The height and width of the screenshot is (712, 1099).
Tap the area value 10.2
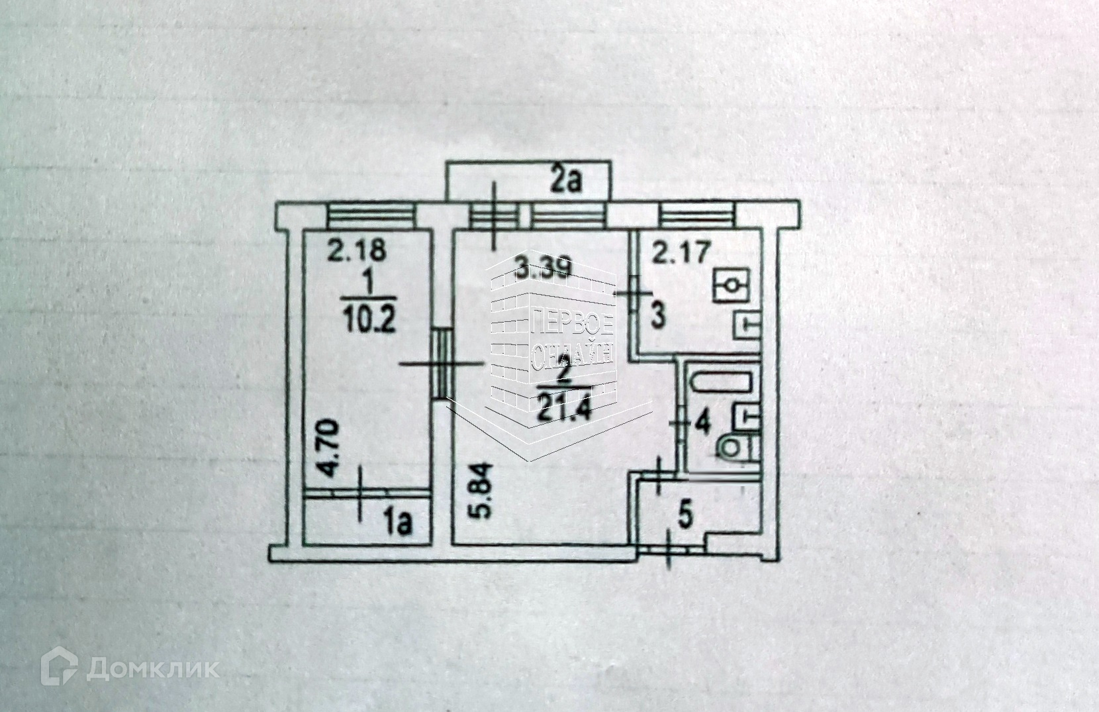click(x=368, y=322)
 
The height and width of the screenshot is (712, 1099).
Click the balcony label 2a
click(x=565, y=181)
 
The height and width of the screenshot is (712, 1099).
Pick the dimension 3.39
click(x=543, y=270)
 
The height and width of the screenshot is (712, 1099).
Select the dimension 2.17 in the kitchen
click(x=682, y=253)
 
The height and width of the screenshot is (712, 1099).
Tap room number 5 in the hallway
click(x=687, y=516)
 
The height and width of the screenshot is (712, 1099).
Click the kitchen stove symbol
click(x=731, y=285)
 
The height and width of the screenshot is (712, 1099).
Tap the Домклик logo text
click(x=153, y=668)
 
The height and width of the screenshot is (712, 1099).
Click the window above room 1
click(x=371, y=216)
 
